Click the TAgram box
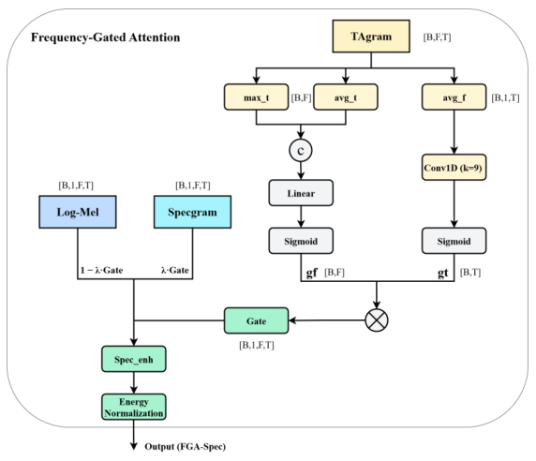pyautogui.click(x=371, y=37)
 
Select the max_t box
pyautogui.click(x=257, y=97)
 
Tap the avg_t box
pyautogui.click(x=346, y=97)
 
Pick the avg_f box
pyautogui.click(x=454, y=97)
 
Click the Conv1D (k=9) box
pyautogui.click(x=454, y=168)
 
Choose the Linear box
pyautogui.click(x=301, y=193)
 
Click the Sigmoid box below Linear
pyautogui.click(x=301, y=241)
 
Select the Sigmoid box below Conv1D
pyautogui.click(x=454, y=241)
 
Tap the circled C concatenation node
pyautogui.click(x=301, y=150)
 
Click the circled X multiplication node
pyautogui.click(x=377, y=320)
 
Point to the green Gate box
pyautogui.click(x=257, y=320)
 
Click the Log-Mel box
pyautogui.click(x=78, y=212)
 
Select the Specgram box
pyautogui.click(x=192, y=212)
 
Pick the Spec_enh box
pyautogui.click(x=134, y=359)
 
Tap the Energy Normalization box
pyautogui.click(x=134, y=407)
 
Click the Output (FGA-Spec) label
pyautogui.click(x=186, y=447)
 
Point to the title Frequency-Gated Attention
pyautogui.click(x=105, y=37)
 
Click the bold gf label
pyautogui.click(x=312, y=273)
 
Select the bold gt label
pyautogui.click(x=443, y=273)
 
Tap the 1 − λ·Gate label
pyautogui.click(x=101, y=270)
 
